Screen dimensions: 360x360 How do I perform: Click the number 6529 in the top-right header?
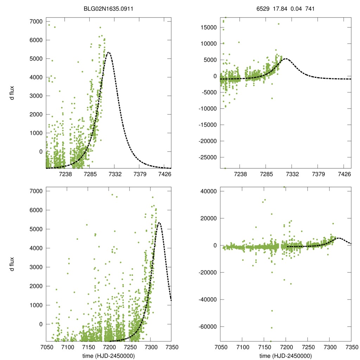263,7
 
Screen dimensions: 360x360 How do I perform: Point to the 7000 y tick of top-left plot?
36,22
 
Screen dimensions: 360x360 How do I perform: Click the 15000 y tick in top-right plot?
209,27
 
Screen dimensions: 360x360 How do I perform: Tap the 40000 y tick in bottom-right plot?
209,191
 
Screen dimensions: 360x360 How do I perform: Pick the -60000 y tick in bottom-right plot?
208,327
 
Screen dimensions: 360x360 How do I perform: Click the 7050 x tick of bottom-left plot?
46,347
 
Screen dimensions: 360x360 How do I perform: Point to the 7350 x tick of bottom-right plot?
351,347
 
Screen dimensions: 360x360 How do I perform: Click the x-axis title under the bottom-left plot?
109,355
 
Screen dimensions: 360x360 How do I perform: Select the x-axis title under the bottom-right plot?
285,355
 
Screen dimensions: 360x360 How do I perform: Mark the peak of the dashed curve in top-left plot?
109,52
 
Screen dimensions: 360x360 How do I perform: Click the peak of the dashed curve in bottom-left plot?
159,223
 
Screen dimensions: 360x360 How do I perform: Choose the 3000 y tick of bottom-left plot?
36,267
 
